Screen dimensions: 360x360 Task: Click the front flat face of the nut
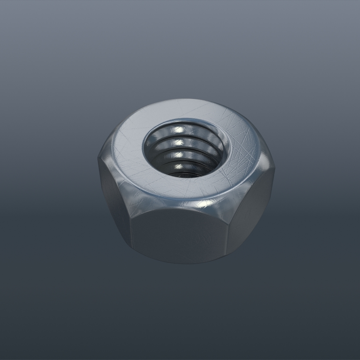179,236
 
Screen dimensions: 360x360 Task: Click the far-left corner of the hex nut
98,159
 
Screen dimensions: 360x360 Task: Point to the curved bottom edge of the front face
179,262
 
